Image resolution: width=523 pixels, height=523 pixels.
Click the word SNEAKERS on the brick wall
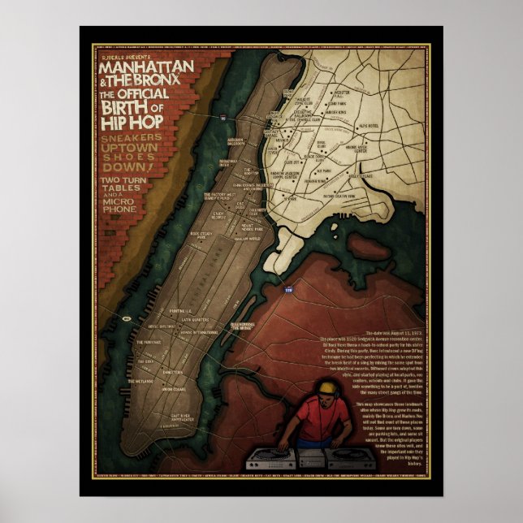click(136, 139)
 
